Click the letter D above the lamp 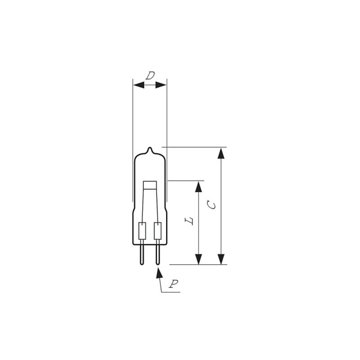point(150,76)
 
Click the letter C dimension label point(211,205)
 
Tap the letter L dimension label point(189,221)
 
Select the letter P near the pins point(174,284)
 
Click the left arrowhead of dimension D point(139,85)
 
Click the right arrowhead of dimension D point(161,85)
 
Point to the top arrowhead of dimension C point(221,153)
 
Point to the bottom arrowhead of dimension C point(221,259)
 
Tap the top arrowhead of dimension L point(198,187)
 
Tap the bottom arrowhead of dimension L point(198,259)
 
